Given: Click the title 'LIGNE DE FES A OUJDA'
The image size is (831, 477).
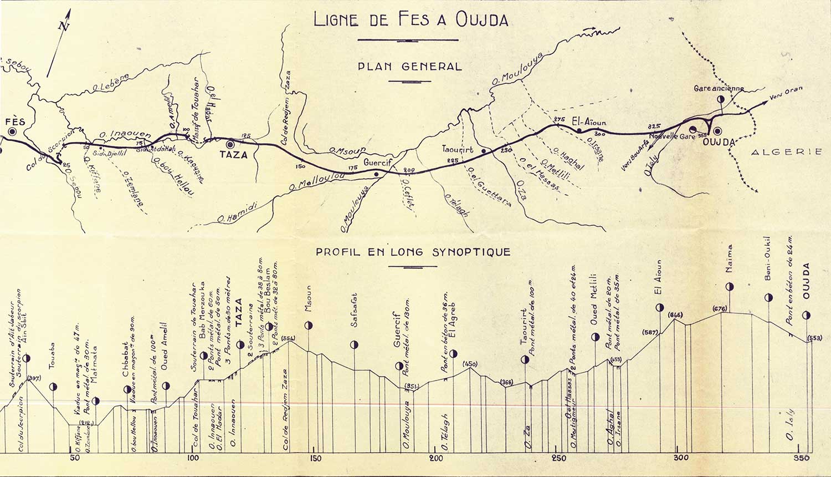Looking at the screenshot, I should pyautogui.click(x=411, y=19).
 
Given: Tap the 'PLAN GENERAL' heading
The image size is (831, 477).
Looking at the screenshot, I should pyautogui.click(x=409, y=67).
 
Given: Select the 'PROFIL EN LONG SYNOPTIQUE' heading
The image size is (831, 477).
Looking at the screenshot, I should pyautogui.click(x=413, y=252).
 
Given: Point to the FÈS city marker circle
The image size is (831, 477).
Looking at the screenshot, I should pyautogui.click(x=12, y=132).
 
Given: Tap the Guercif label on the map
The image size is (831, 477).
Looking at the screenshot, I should pyautogui.click(x=377, y=163).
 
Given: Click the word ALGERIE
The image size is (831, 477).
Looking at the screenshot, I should pyautogui.click(x=787, y=151).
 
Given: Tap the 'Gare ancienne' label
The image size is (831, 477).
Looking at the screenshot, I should pyautogui.click(x=719, y=89).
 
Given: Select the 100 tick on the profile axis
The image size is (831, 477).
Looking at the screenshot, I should pyautogui.click(x=193, y=458).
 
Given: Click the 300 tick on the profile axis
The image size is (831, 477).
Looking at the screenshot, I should pyautogui.click(x=680, y=458).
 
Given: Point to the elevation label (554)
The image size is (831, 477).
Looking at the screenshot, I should pyautogui.click(x=289, y=338).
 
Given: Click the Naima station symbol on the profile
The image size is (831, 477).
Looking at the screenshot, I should pyautogui.click(x=729, y=287).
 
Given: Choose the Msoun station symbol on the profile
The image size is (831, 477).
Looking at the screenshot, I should pyautogui.click(x=309, y=326).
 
